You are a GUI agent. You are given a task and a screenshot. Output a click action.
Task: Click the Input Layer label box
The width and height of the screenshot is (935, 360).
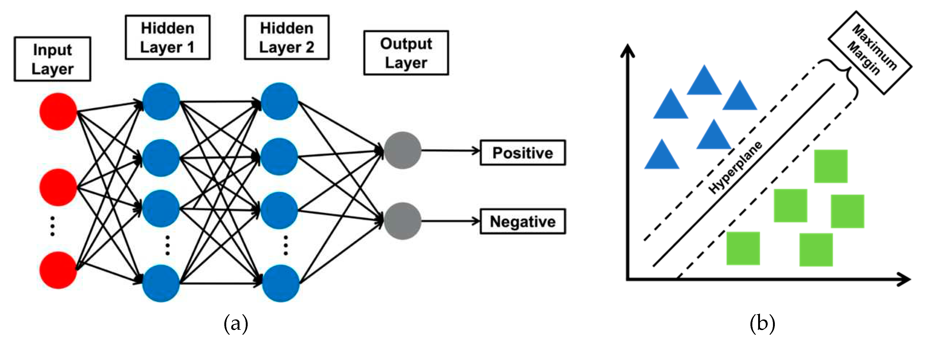pos(52,59)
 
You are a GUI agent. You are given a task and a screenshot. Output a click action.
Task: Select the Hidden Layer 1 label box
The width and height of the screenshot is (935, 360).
pos(167,37)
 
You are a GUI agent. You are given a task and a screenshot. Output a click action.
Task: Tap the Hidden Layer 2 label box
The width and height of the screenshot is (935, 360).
pos(286,37)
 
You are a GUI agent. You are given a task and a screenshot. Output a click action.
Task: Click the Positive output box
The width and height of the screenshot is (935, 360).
pos(522,153)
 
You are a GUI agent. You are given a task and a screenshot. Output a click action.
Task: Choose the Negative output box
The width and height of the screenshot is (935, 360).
pos(522,221)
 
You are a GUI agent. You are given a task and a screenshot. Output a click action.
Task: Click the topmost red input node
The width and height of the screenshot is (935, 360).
pos(58,111)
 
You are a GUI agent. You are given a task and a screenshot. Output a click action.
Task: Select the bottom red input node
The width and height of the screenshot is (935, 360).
pos(58,270)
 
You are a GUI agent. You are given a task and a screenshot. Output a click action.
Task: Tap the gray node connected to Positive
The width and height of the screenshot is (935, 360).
pos(402,150)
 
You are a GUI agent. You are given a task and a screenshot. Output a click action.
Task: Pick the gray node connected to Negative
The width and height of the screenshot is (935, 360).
pos(402,221)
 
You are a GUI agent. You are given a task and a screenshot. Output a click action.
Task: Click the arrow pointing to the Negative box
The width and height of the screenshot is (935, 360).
pos(450,221)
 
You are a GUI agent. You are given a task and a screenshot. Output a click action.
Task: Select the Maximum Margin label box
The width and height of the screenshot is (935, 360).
pos(870,52)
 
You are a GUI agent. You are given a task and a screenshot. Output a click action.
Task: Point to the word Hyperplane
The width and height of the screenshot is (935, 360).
pos(735,167)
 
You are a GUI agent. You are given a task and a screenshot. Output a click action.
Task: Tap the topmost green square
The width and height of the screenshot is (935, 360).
pos(831,166)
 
